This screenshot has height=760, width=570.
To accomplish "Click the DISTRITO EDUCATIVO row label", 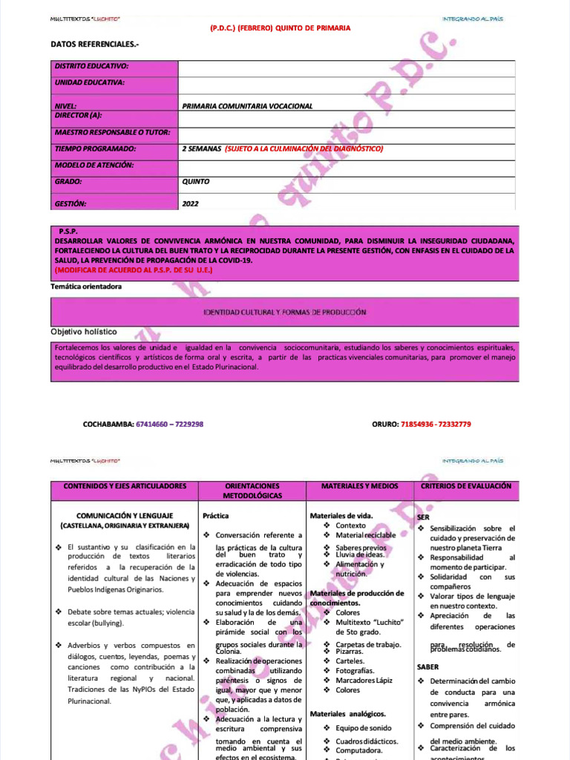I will (x=91, y=66).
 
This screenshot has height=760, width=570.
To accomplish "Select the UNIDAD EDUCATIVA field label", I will (x=89, y=82).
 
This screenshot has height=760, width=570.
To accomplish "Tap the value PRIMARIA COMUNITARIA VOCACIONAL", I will (x=247, y=106).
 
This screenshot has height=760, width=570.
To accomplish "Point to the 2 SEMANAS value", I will (x=201, y=148).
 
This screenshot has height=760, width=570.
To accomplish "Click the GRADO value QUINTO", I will (x=195, y=181).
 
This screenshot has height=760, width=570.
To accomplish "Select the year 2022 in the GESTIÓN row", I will (x=190, y=203).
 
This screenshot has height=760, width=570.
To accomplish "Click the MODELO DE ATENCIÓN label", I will (x=94, y=165).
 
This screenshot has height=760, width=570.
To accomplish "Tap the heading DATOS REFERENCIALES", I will (x=94, y=45).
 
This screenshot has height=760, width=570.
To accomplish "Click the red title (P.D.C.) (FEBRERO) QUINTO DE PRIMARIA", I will (x=281, y=27).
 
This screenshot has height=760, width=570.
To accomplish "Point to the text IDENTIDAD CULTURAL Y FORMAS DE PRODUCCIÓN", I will (x=286, y=312).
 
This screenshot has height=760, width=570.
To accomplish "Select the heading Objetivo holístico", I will (x=83, y=332).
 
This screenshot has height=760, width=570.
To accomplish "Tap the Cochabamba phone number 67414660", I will (x=151, y=425).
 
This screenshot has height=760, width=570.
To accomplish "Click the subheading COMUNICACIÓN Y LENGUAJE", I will (x=125, y=515).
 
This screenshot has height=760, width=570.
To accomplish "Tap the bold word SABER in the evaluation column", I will (x=427, y=667).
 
